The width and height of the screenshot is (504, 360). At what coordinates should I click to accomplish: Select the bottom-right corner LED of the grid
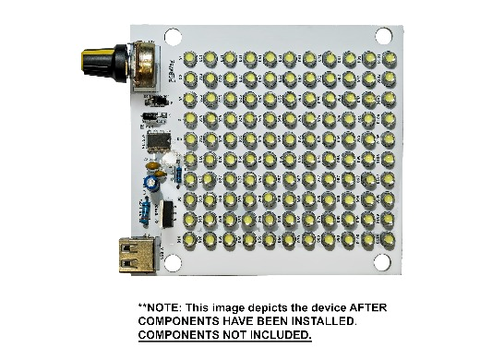(391, 241)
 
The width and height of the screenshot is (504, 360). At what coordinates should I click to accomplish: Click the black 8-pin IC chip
(158, 141)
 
